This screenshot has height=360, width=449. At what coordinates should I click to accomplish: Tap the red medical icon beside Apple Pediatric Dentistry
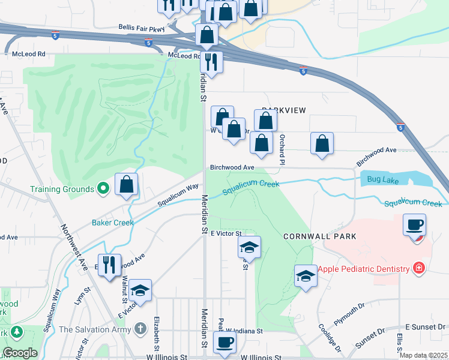tap(419, 268)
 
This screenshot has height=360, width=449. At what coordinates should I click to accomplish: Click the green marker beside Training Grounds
tap(103, 189)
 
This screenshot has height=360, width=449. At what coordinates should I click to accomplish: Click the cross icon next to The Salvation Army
tap(140, 329)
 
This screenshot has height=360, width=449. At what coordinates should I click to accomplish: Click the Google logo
tap(19, 353)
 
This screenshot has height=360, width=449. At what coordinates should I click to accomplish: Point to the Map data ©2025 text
tap(423, 355)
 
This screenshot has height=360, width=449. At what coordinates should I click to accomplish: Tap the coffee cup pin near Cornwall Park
tap(414, 226)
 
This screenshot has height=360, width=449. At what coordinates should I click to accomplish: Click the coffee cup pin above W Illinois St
tap(224, 342)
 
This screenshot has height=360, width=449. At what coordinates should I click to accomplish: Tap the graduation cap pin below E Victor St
tap(250, 247)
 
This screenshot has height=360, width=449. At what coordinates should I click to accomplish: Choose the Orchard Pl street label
tap(282, 148)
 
